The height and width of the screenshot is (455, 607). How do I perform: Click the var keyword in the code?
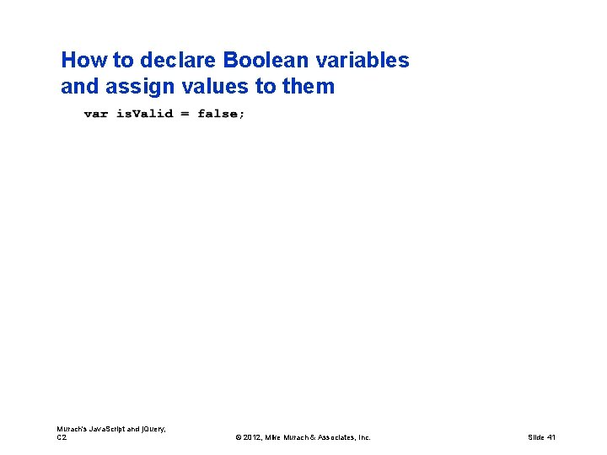(x=96, y=114)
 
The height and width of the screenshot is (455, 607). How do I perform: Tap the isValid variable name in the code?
(x=144, y=114)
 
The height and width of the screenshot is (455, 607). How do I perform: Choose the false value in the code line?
(x=218, y=114)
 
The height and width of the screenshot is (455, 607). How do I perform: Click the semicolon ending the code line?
(x=243, y=115)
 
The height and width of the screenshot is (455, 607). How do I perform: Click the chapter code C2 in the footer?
(x=62, y=437)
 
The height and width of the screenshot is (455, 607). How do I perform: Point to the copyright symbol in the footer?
(x=239, y=437)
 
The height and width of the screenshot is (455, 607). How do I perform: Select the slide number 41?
(x=551, y=437)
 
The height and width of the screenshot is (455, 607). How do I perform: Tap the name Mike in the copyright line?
(x=276, y=437)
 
